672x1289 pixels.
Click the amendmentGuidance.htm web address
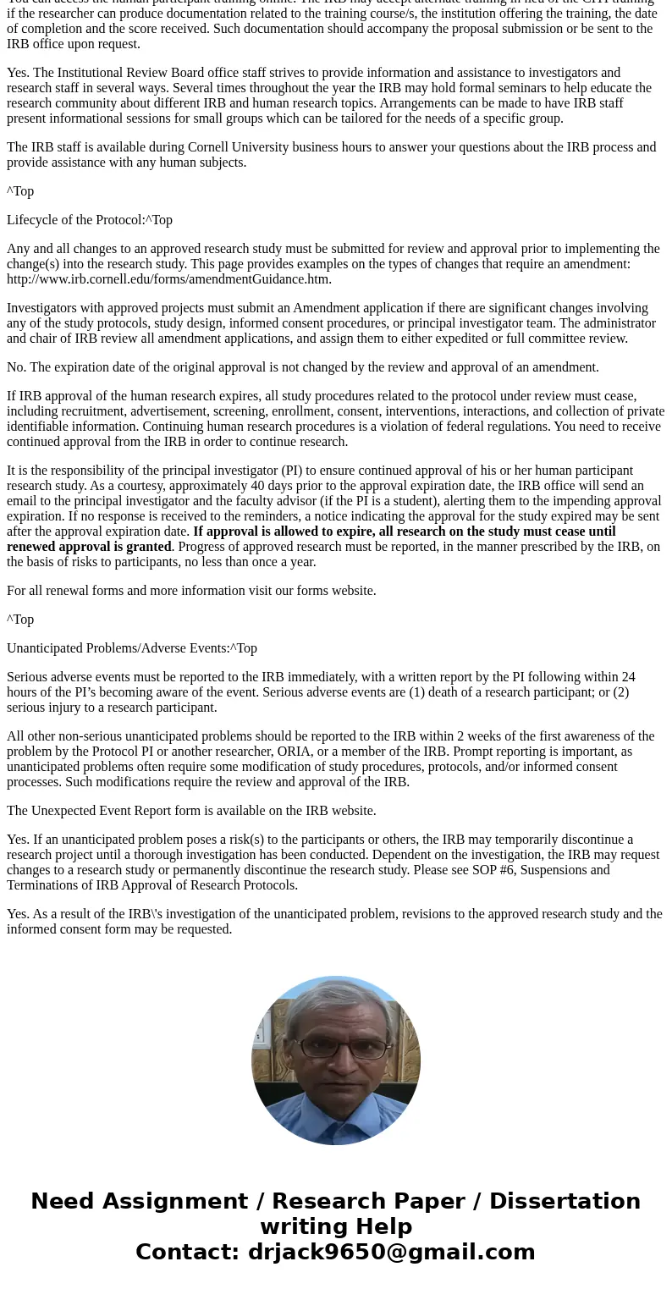(x=169, y=279)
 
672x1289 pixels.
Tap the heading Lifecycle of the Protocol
(x=75, y=220)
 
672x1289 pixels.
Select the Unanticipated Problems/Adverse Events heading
(x=118, y=648)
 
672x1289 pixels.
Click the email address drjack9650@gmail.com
(x=391, y=1253)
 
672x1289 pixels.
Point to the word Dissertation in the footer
(x=565, y=1202)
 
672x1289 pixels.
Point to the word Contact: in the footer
(x=188, y=1253)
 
